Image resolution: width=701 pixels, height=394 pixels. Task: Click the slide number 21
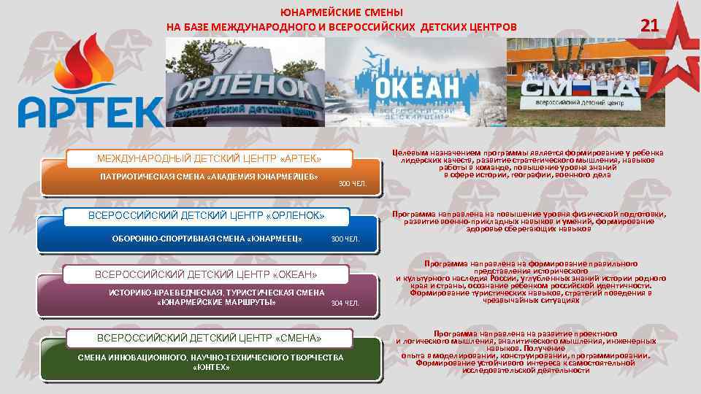coord(649,26)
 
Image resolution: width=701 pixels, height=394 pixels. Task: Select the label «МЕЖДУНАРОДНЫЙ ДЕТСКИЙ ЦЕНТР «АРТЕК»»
coord(209,159)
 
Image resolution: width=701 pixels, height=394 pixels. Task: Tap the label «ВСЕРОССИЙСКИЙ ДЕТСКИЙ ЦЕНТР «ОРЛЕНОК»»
coord(206,216)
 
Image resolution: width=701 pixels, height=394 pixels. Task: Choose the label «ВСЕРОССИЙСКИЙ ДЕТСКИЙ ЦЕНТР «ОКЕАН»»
coord(207,274)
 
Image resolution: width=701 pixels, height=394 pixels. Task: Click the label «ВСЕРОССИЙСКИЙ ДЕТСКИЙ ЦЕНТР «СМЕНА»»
coord(209,338)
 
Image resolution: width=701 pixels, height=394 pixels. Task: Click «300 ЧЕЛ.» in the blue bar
coord(345,239)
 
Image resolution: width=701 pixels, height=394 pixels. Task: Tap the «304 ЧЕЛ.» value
coord(345,303)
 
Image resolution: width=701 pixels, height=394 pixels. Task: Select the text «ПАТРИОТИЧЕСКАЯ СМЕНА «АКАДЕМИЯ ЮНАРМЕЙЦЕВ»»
coord(209,177)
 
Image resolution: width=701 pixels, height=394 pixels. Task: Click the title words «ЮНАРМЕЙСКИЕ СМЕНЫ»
coord(341,12)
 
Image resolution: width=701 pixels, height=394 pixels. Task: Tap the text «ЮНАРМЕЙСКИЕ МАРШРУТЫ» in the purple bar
coord(217,302)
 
